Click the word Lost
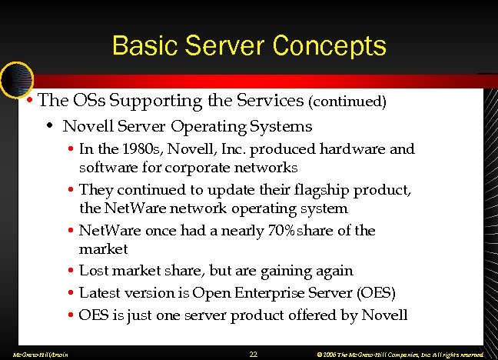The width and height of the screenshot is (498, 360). [95, 271]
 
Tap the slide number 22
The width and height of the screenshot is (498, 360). [253, 354]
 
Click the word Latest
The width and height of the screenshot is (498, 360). [100, 293]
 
